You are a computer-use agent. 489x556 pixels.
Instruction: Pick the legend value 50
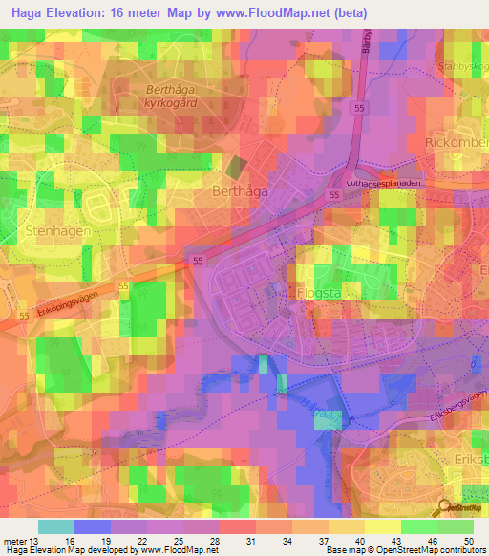pyautogui.click(x=468, y=540)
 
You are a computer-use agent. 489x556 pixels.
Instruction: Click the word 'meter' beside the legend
pyautogui.click(x=15, y=540)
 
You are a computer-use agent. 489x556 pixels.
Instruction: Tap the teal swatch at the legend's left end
pyautogui.click(x=56, y=526)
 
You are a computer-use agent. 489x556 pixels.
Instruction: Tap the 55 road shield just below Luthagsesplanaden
pyautogui.click(x=333, y=194)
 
